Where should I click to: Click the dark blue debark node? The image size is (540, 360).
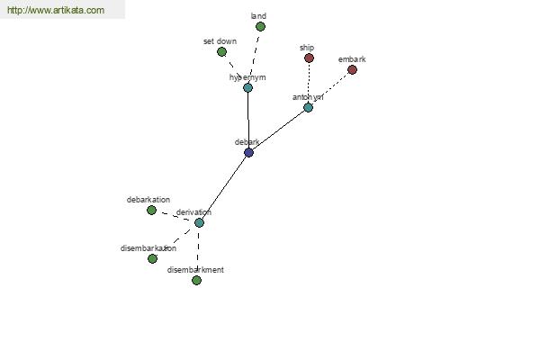248,152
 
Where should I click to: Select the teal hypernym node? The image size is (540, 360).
247,87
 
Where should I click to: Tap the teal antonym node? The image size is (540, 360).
308,107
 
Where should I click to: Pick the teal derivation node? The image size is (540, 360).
199,222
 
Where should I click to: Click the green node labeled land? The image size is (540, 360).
260,26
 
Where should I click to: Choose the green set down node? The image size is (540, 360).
221,51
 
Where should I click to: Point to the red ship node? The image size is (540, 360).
309,58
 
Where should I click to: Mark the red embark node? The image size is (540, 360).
352,69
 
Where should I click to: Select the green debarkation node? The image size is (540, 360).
151,210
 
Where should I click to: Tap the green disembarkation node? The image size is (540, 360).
152,258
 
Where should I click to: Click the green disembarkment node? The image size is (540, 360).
196,280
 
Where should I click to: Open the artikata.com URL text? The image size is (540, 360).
56,10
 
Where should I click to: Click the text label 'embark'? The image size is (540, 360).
352,59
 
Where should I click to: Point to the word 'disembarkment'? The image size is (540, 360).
195,270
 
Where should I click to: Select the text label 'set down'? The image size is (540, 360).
220,41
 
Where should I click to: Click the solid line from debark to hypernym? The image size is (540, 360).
247,120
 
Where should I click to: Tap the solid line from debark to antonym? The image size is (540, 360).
278,130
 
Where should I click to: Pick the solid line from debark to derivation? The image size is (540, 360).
223,187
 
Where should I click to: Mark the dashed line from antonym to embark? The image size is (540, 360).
329,88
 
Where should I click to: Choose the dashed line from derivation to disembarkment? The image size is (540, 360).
197,252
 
